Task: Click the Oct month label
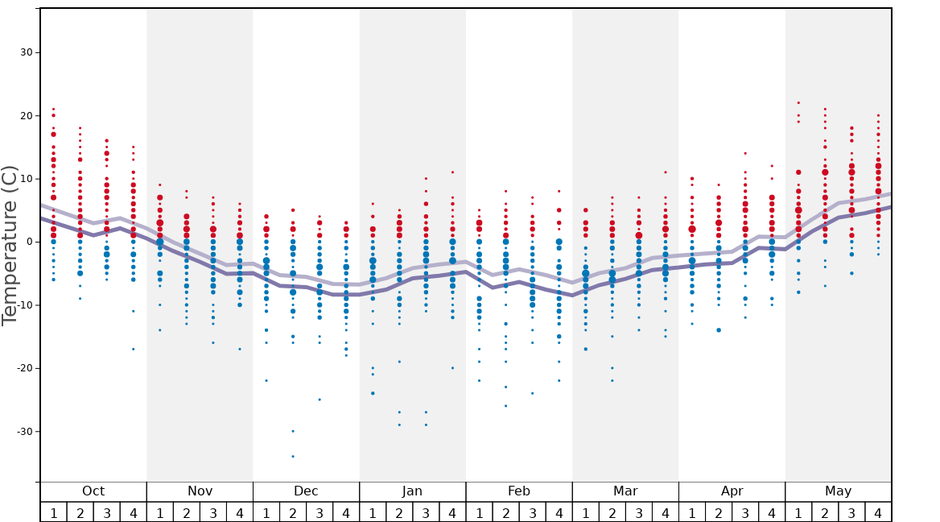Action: (x=93, y=491)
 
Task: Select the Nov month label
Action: (x=200, y=491)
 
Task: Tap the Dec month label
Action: (x=306, y=491)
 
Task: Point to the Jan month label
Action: (x=412, y=491)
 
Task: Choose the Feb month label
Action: (x=519, y=491)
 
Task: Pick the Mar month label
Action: (x=625, y=491)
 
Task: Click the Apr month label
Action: (x=732, y=491)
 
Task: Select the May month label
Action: (x=838, y=491)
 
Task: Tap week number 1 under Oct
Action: (x=53, y=512)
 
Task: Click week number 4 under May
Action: (x=878, y=512)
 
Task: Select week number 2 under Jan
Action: (x=399, y=512)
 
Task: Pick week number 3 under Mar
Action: (x=638, y=512)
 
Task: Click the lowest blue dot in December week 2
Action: (x=293, y=457)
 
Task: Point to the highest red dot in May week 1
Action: (x=798, y=102)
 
